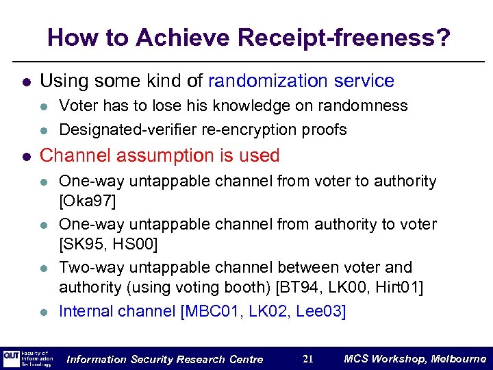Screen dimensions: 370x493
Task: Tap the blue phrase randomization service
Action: [301, 81]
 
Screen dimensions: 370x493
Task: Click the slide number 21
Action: [308, 359]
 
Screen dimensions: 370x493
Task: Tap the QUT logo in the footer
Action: [12, 359]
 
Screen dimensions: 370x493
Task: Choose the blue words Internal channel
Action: [117, 311]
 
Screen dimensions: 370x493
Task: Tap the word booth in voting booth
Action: [228, 288]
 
